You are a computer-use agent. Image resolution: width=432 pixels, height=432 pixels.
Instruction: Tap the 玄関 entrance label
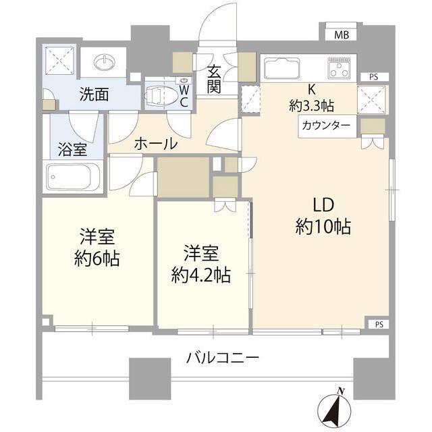coord(215,79)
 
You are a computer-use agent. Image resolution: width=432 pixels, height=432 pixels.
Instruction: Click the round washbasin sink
coord(105,62)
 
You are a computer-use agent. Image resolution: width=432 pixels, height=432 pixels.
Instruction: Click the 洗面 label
coord(94,95)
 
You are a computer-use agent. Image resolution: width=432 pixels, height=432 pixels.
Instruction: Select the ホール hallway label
coord(156,143)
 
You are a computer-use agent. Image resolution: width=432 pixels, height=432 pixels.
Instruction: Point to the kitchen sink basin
coord(284,68)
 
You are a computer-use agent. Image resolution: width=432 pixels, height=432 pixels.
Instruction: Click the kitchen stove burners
coord(342,67)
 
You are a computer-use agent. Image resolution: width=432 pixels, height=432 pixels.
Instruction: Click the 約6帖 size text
coord(97,258)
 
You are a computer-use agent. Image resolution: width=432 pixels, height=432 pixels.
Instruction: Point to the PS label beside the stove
coord(373,78)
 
